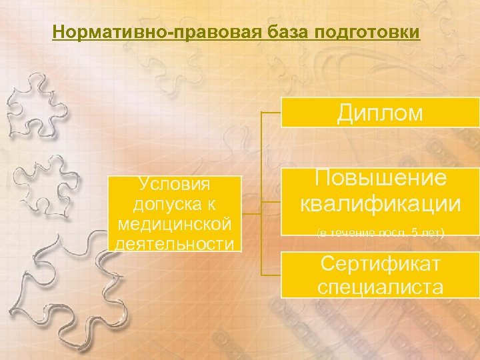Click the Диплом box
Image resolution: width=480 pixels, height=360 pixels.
380,112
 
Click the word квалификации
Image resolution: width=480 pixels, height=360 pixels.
380,203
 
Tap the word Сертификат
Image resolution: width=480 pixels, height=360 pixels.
380,264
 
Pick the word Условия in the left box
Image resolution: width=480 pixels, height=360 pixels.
174,183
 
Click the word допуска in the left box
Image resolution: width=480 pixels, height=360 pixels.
174,201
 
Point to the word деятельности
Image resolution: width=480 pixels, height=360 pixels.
174,243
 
